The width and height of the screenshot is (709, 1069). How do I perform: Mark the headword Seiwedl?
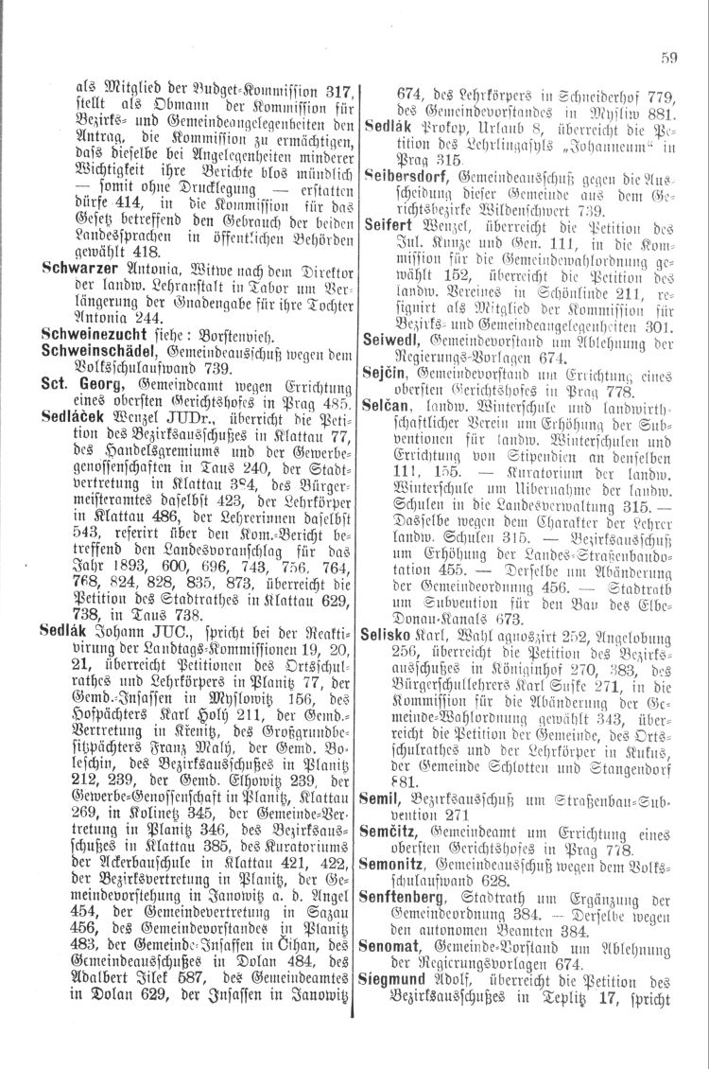389,364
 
